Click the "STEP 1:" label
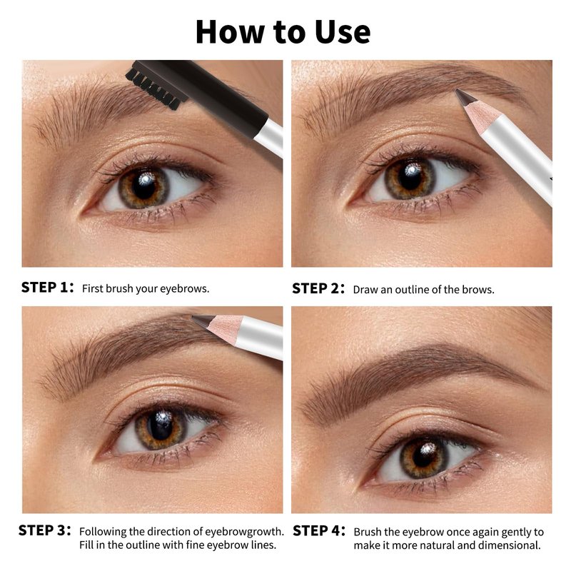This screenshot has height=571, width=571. [47, 288]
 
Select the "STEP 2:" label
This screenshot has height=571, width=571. [318, 288]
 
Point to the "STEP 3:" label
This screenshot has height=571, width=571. [45, 530]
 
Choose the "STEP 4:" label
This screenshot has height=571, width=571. [319, 530]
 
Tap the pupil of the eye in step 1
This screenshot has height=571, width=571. [145, 186]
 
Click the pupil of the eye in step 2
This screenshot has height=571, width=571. [410, 177]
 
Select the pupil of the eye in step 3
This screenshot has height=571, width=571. [161, 426]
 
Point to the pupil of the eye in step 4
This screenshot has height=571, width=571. [424, 455]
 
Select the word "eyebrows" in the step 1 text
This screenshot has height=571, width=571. [185, 289]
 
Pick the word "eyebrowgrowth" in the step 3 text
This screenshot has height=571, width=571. [244, 532]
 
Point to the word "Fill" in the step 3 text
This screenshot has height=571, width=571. [85, 545]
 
